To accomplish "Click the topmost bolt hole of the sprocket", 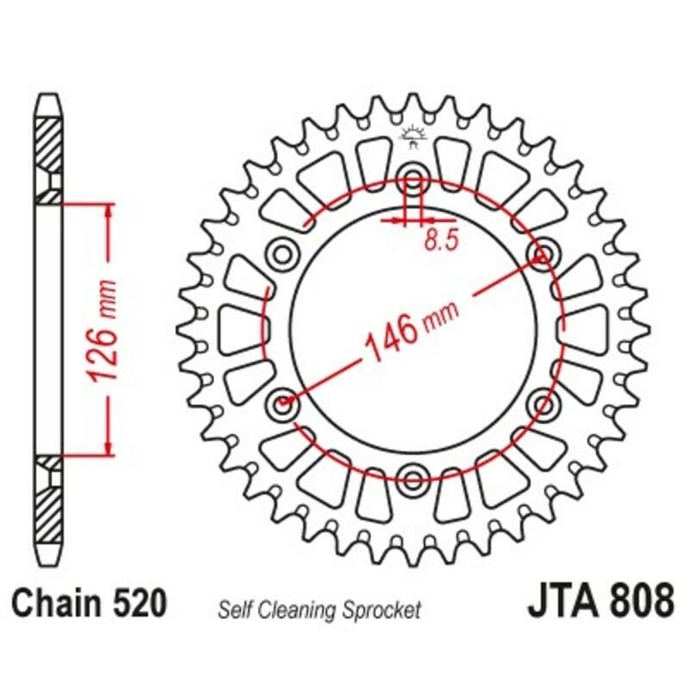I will (413, 181).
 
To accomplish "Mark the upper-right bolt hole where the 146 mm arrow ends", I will (543, 254).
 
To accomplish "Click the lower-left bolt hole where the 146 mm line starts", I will (282, 403).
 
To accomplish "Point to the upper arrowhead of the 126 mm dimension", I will (108, 211).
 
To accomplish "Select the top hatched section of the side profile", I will (49, 142).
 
